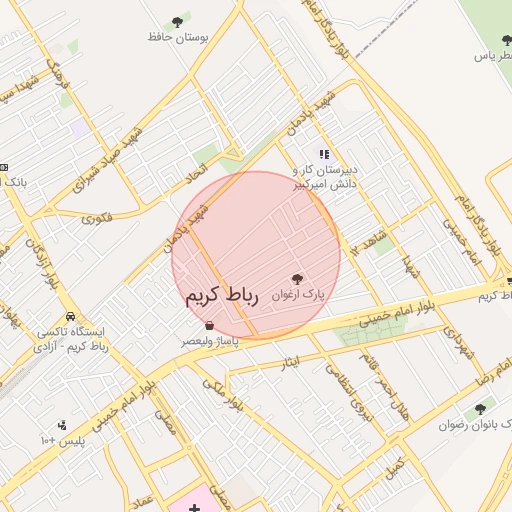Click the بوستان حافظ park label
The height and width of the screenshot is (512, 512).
(177, 37)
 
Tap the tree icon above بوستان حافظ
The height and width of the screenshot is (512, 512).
(178, 21)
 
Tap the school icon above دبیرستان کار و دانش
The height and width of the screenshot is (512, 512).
(323, 154)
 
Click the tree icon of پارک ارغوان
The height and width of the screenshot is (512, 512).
(297, 279)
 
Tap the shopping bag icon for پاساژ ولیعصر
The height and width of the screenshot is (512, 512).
(208, 325)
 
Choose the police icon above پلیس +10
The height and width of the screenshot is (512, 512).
(63, 425)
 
